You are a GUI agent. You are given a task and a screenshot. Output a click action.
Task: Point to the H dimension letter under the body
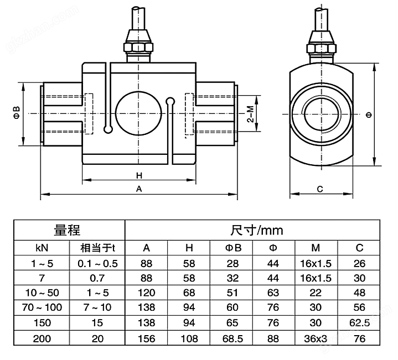point(139,175)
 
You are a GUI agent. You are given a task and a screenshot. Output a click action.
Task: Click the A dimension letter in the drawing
point(139,189)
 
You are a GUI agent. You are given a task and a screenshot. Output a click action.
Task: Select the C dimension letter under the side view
point(320,189)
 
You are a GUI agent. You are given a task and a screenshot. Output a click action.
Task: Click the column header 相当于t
point(97,247)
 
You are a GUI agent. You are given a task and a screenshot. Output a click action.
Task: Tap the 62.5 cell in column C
point(360,322)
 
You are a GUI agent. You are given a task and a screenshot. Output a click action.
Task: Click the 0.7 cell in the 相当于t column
point(97,277)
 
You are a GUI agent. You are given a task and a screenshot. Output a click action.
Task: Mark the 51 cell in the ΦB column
point(232,292)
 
